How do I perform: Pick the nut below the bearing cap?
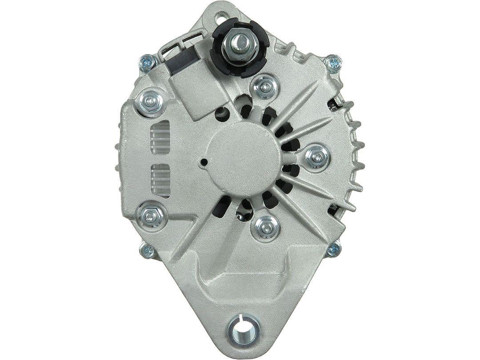coord(265,227)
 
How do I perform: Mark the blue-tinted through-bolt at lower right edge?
coord(333,251)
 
